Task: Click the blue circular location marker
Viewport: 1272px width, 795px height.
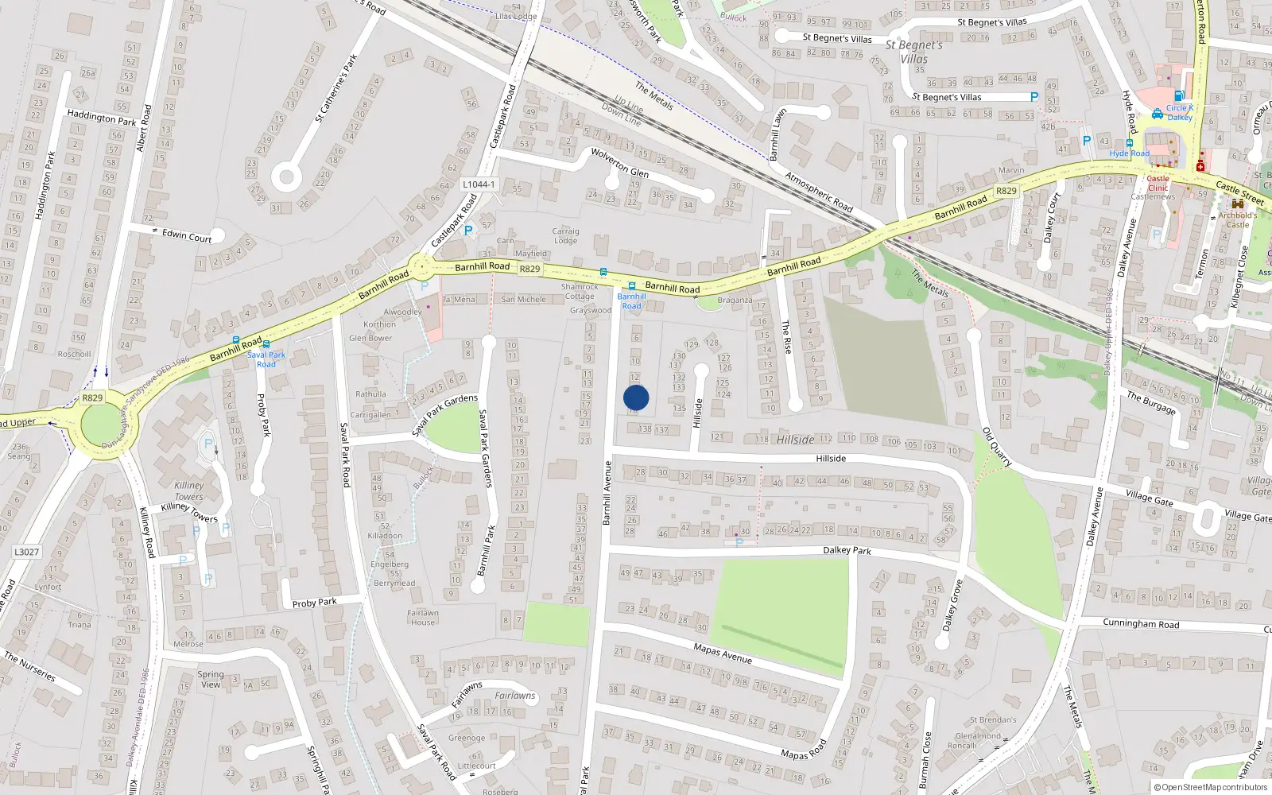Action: (636, 397)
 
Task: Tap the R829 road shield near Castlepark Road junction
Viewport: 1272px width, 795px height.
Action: (529, 269)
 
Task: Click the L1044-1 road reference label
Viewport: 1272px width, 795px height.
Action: (479, 184)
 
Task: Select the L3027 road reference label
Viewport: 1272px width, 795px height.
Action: (26, 552)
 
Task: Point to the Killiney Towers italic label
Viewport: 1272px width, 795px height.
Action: (189, 491)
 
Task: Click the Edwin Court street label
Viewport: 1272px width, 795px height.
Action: (187, 236)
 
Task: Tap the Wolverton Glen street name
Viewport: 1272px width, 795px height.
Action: (620, 162)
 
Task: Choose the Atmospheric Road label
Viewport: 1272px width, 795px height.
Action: (819, 192)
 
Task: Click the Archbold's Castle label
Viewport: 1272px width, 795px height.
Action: (1238, 219)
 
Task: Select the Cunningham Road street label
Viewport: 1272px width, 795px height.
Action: (1141, 624)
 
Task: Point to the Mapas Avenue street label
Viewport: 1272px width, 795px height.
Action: (723, 653)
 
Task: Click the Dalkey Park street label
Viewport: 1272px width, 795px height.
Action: (847, 550)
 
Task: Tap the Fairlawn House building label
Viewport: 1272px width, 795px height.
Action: (423, 618)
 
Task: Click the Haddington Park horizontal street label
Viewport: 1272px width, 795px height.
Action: (102, 118)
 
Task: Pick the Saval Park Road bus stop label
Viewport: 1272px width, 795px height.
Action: (266, 359)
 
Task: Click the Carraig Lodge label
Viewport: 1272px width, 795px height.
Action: (565, 236)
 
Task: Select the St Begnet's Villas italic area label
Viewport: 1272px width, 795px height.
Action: (914, 52)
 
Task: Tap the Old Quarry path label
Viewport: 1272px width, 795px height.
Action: (997, 447)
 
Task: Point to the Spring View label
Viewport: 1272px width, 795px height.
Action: (211, 679)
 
